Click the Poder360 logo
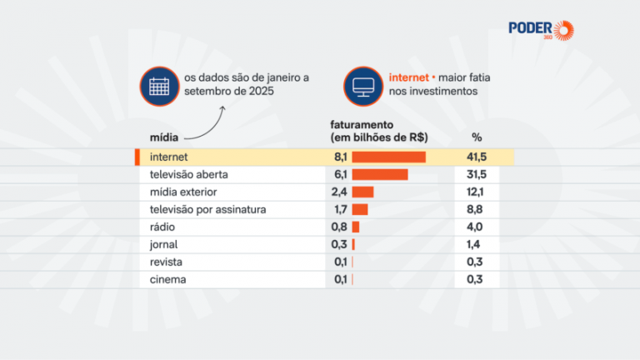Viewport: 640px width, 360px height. tap(542, 29)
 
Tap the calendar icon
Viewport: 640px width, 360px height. tap(158, 85)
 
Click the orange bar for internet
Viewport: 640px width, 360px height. tap(389, 157)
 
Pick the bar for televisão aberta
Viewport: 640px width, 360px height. tap(380, 174)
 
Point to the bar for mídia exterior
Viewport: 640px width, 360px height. tap(362, 192)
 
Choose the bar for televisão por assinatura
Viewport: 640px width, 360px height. tap(360, 209)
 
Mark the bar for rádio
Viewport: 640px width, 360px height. tap(356, 227)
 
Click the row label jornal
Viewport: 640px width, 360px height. tap(163, 244)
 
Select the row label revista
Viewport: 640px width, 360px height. tap(166, 262)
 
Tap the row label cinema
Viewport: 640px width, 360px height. tap(167, 279)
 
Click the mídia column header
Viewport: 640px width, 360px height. tap(162, 137)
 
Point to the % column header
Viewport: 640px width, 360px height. tap(477, 137)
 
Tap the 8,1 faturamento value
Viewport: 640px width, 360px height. tap(339, 157)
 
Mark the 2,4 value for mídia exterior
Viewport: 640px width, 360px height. tap(339, 192)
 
